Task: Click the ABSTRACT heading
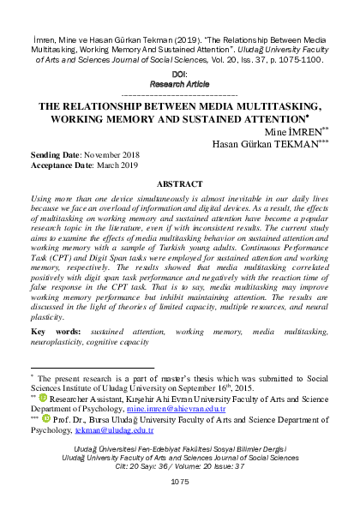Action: coord(180,183)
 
